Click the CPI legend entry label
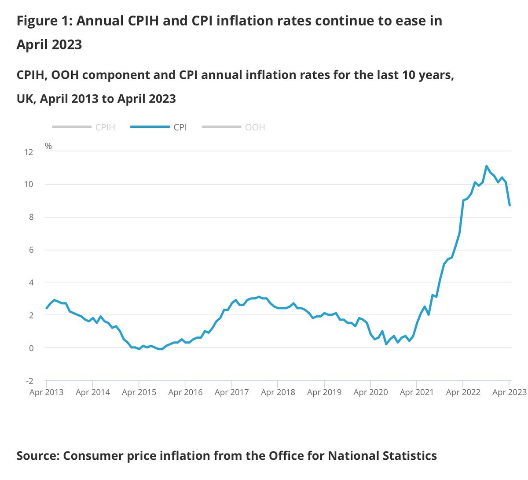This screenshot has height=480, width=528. [x=180, y=127]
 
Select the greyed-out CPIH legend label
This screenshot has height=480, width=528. [x=105, y=127]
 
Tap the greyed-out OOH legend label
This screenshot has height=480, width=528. [x=255, y=127]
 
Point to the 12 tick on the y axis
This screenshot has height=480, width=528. [x=29, y=152]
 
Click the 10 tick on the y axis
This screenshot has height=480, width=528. [x=29, y=185]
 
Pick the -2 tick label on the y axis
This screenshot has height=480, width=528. [x=29, y=381]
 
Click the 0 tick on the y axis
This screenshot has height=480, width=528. [x=31, y=348]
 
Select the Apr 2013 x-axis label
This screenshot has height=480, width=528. [x=47, y=392]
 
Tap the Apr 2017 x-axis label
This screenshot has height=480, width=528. [x=231, y=392]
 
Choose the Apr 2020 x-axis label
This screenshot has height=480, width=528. [x=370, y=392]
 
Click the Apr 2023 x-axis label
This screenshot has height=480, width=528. [x=509, y=392]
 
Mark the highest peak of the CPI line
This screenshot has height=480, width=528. [x=486, y=166]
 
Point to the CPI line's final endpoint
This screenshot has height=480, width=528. [x=510, y=205]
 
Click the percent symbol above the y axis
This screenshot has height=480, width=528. [x=48, y=146]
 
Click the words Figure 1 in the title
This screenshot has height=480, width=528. [x=43, y=21]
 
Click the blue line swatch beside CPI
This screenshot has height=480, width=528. [x=150, y=127]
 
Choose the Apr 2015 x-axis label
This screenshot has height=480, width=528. [x=139, y=392]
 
